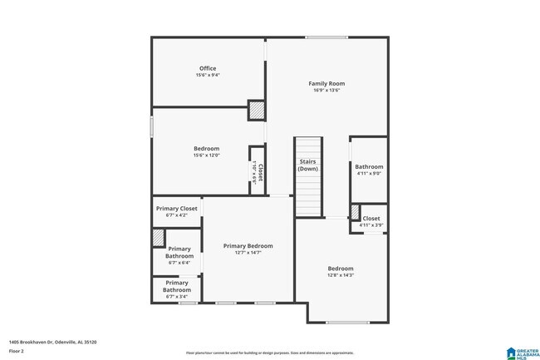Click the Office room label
207,68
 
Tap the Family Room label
326,83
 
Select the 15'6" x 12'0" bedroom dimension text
207,155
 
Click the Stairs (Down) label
308,165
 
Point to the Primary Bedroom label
248,246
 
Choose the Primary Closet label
176,209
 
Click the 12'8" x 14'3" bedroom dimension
340,276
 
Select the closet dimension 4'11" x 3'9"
371,225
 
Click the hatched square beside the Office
257,110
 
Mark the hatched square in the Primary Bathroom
158,237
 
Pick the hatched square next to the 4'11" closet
355,212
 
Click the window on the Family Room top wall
326,37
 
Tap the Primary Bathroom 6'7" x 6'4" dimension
179,263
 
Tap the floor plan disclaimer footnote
269,353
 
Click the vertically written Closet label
258,171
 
